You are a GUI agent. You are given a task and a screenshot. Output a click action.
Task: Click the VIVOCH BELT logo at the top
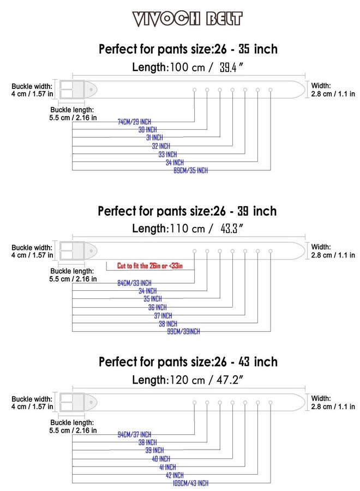coord(187,19)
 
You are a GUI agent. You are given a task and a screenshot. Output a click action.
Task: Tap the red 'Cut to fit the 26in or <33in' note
coord(150,266)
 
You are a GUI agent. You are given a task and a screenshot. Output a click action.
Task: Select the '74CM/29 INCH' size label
coord(134,122)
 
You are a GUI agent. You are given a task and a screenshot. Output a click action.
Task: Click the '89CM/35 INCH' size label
coord(191,170)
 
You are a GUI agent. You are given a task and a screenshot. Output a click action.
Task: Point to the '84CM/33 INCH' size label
coord(134,283)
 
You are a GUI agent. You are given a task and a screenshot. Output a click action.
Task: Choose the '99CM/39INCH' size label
coord(183,331)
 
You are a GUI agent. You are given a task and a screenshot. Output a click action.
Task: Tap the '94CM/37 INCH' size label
coord(134,435)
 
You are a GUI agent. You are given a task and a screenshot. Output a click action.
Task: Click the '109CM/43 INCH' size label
coord(191,483)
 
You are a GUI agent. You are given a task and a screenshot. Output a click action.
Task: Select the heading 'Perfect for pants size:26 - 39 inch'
coord(187,211)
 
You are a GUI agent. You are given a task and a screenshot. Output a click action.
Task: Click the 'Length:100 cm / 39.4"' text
coord(188,67)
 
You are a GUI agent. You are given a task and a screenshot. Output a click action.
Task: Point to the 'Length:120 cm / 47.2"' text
coord(188,380)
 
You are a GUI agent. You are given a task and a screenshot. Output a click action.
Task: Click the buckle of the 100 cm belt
coord(73,89)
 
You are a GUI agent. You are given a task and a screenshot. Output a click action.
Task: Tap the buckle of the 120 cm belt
coord(73,402)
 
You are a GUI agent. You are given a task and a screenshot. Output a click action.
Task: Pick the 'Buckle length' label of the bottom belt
coord(73,427)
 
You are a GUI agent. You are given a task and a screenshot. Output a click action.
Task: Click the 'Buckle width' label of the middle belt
coord(32,251)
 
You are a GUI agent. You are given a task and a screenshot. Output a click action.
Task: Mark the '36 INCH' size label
coord(158,307)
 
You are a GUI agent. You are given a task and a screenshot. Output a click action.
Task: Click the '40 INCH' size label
coord(161,459)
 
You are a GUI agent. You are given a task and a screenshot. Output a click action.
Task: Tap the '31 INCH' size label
coord(155,137)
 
